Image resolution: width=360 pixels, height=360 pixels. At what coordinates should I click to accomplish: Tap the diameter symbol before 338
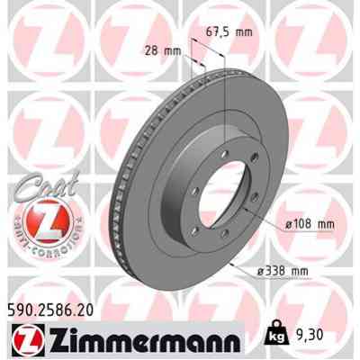(x=261, y=272)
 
